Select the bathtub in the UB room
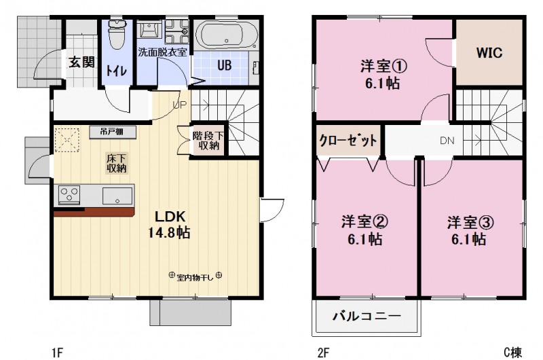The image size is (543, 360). [x=226, y=34]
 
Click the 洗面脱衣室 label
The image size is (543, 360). [x=163, y=52]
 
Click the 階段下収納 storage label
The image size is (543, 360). [x=206, y=140]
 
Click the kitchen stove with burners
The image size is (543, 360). [x=70, y=196]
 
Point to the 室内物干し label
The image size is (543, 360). [x=194, y=276]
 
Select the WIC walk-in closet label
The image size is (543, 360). [x=489, y=53]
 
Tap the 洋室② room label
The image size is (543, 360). [x=364, y=230]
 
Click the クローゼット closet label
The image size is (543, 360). [x=348, y=142]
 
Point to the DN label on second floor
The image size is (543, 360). [x=447, y=142]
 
